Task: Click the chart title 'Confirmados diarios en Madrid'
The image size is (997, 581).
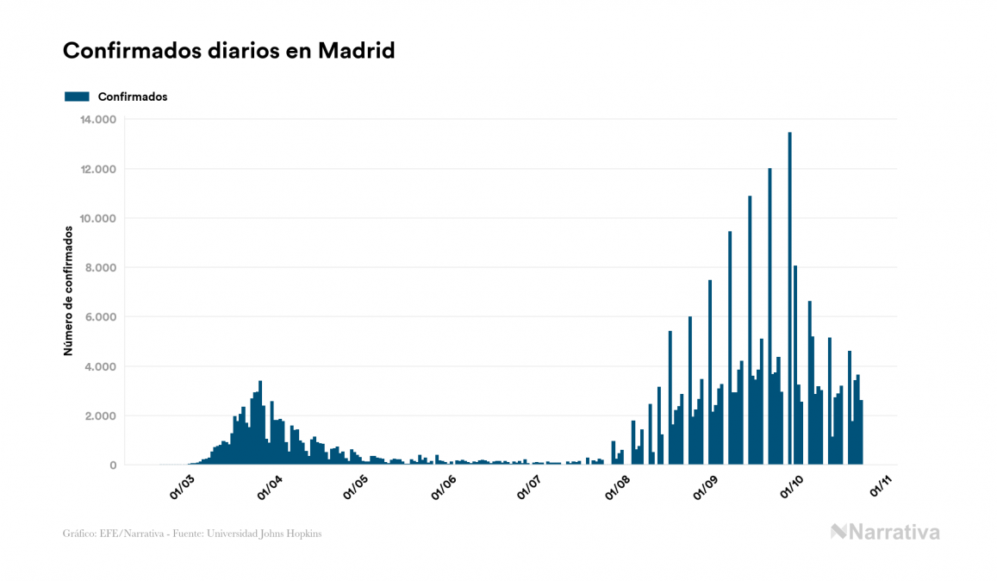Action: pyautogui.click(x=228, y=51)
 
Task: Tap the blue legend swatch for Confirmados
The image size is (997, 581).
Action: pyautogui.click(x=77, y=97)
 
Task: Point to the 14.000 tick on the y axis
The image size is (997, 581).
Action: pyautogui.click(x=97, y=119)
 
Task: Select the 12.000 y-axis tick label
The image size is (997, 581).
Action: pyautogui.click(x=97, y=169)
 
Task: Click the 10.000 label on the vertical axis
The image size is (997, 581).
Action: pyautogui.click(x=97, y=218)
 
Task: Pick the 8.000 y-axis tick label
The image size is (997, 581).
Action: pyautogui.click(x=100, y=268)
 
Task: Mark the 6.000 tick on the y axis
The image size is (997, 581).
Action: pyautogui.click(x=100, y=317)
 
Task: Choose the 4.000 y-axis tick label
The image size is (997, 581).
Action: pyautogui.click(x=100, y=366)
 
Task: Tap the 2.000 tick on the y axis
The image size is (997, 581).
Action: pyautogui.click(x=100, y=416)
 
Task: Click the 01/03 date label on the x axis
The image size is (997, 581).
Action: pyautogui.click(x=182, y=486)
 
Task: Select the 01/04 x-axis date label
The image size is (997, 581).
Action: pyautogui.click(x=270, y=486)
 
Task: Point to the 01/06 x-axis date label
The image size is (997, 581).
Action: pyautogui.click(x=444, y=486)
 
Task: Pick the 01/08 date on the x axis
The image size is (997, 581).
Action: pyautogui.click(x=618, y=486)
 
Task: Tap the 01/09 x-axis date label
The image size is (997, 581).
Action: pyautogui.click(x=706, y=486)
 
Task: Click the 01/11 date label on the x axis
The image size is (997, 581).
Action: pyautogui.click(x=880, y=486)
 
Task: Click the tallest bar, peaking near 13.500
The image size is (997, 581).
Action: pyautogui.click(x=790, y=298)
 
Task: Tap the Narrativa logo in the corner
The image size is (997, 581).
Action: pyautogui.click(x=885, y=532)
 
